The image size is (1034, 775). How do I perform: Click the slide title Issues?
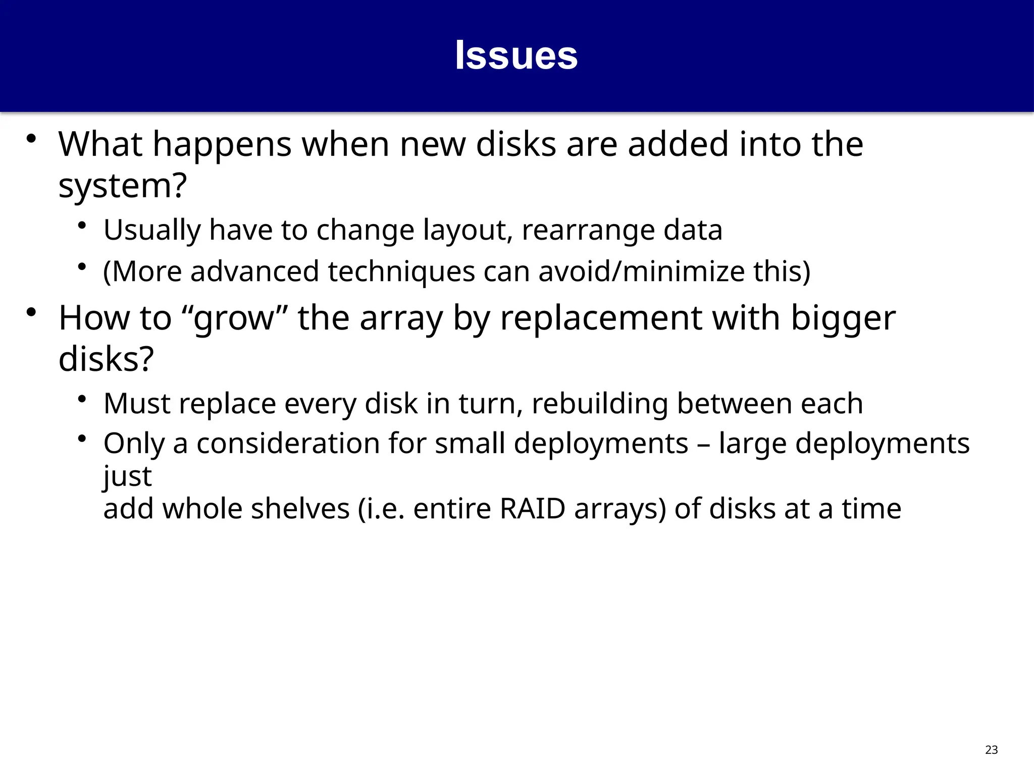tap(516, 56)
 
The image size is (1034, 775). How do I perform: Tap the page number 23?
tap(991, 750)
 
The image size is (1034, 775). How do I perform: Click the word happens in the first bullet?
tap(222, 144)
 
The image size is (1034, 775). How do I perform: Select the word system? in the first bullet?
tap(123, 186)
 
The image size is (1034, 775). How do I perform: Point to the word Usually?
tap(152, 230)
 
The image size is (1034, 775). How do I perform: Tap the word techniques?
tap(401, 271)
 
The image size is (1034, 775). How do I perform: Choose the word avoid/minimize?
tap(641, 271)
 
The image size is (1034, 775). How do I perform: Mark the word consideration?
tap(288, 444)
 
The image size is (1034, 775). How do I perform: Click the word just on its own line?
tap(127, 476)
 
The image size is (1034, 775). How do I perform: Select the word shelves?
tap(300, 509)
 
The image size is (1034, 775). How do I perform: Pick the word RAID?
tap(532, 509)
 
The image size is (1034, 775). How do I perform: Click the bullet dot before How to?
tap(31, 312)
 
